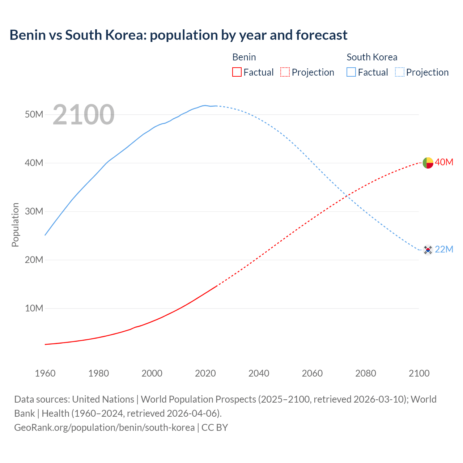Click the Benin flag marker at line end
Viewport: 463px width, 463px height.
point(428,163)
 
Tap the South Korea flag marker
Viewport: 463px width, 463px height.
point(428,250)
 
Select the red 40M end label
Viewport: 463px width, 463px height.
point(444,162)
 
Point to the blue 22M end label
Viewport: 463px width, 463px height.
point(444,250)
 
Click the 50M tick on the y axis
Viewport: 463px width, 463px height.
point(34,115)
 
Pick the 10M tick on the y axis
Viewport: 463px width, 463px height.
point(34,309)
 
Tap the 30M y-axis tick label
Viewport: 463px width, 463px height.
point(34,212)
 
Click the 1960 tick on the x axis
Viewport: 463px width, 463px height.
point(45,373)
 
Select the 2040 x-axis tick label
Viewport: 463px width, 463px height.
point(259,373)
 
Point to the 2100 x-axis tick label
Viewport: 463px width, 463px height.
point(419,373)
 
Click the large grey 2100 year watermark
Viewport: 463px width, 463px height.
point(84,115)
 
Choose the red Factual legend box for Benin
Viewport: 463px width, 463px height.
point(237,72)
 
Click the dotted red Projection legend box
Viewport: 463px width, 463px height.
point(285,72)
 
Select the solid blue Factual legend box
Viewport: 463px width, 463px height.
point(351,72)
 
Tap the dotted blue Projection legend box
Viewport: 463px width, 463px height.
point(400,72)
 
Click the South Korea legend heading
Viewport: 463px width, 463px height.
point(372,57)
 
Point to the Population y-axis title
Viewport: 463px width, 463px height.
point(15,225)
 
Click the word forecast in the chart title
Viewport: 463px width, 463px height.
point(322,35)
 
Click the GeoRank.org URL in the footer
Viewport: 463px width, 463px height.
point(104,428)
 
